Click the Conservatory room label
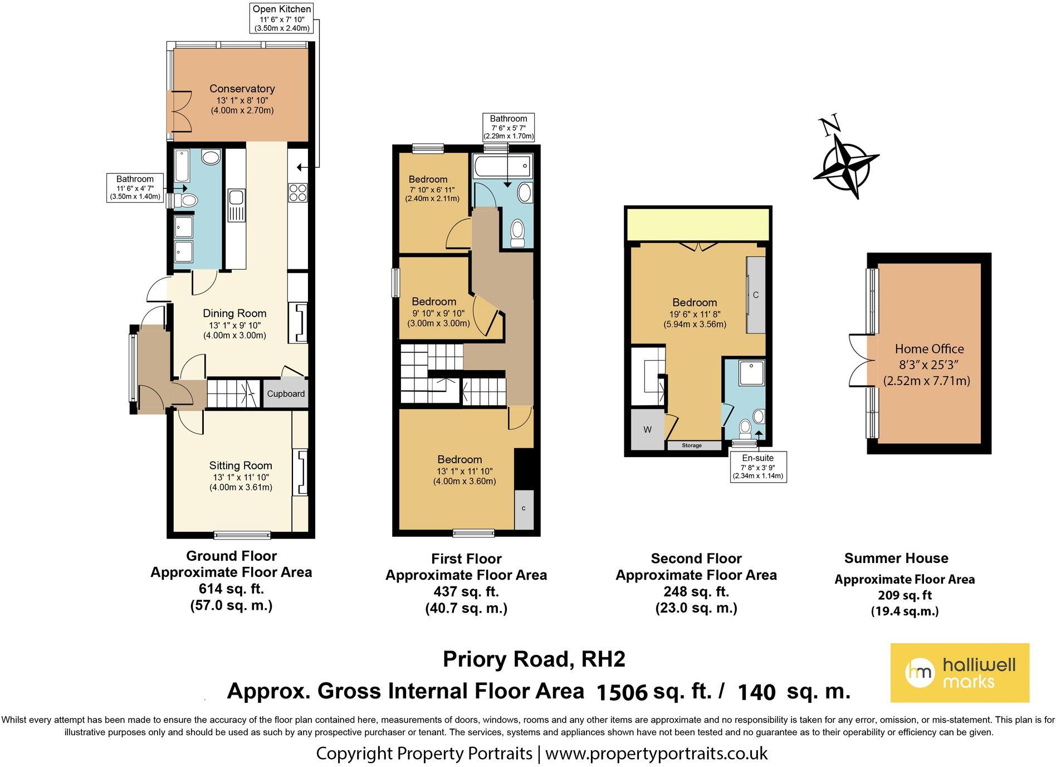coord(242,89)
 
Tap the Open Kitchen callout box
coord(281,18)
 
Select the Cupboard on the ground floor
coord(285,394)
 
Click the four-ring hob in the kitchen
coord(297,192)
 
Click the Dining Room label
coord(234,313)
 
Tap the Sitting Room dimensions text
coord(241,482)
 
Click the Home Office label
coord(929,349)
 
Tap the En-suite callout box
coord(757,467)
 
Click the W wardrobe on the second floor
coord(647,430)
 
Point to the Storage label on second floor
coord(692,445)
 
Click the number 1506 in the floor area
coord(622,692)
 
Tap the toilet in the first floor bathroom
coord(518,232)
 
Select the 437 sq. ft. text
coord(466,591)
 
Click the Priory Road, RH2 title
coord(534,659)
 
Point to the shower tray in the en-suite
coord(752,373)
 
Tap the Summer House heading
coord(896,558)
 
